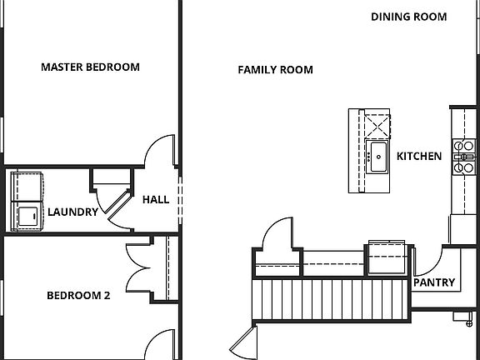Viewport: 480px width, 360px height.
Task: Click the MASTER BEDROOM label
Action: pyautogui.click(x=90, y=67)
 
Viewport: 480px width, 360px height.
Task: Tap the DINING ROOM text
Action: pyautogui.click(x=408, y=17)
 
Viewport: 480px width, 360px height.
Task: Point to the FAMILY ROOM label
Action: pyautogui.click(x=275, y=70)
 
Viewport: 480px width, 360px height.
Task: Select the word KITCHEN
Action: pyautogui.click(x=419, y=156)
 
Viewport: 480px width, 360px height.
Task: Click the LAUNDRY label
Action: pyautogui.click(x=72, y=212)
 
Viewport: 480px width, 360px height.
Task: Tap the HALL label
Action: pyautogui.click(x=155, y=200)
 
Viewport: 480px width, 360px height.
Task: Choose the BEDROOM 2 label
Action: pyautogui.click(x=78, y=294)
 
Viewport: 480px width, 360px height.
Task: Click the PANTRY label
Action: pyautogui.click(x=434, y=282)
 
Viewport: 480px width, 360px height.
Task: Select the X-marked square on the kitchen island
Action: pyautogui.click(x=377, y=125)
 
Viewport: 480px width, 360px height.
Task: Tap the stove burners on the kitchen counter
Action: pyautogui.click(x=462, y=157)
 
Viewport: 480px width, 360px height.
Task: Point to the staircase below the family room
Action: pyautogui.click(x=333, y=298)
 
